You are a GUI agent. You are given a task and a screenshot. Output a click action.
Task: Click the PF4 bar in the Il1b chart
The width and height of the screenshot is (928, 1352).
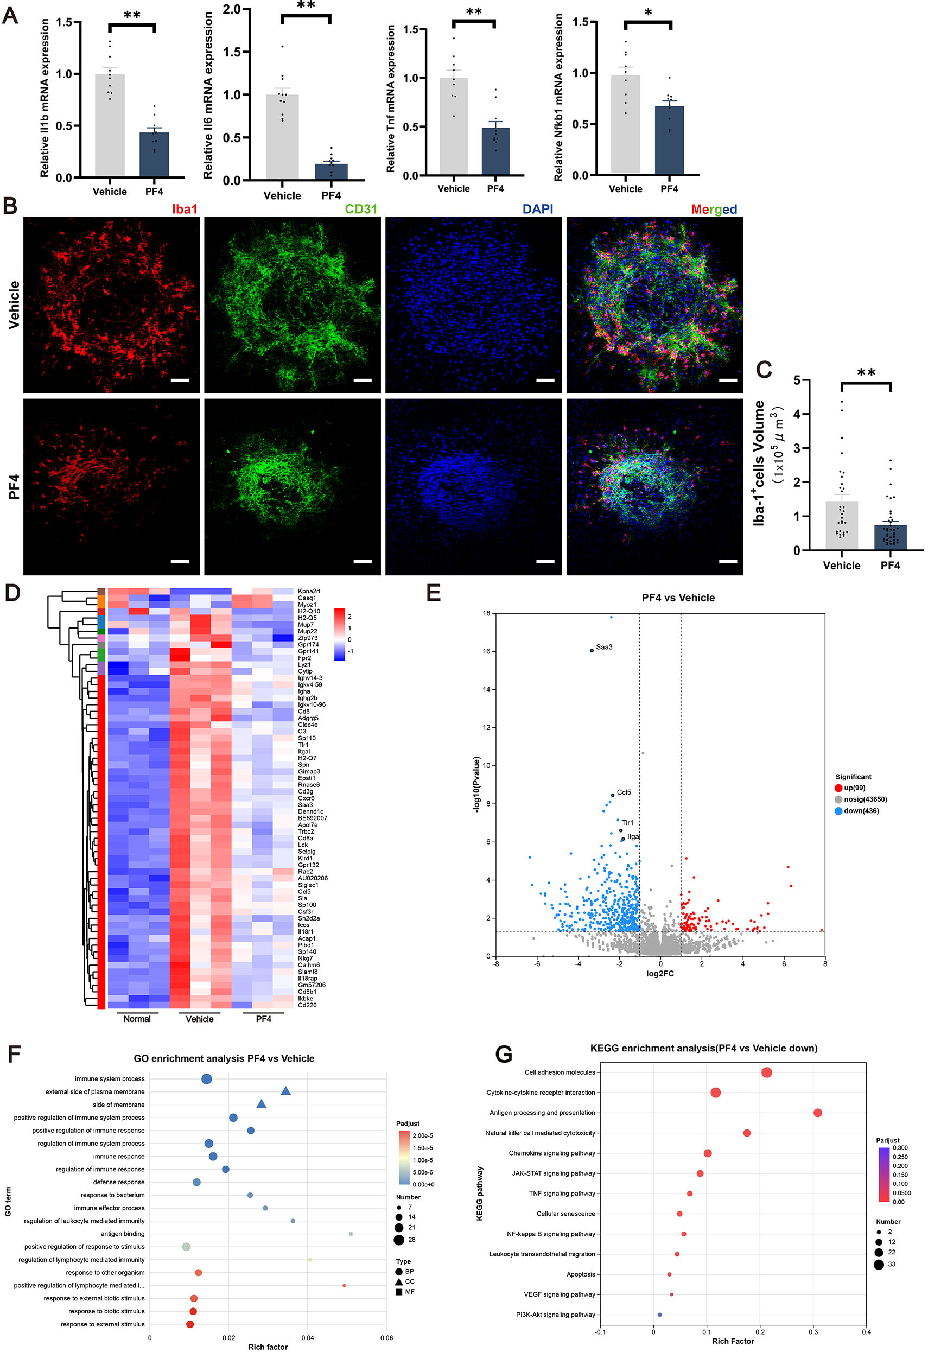pyautogui.click(x=154, y=155)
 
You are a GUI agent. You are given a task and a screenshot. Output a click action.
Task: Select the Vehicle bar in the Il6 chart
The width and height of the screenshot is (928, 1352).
pyautogui.click(x=282, y=137)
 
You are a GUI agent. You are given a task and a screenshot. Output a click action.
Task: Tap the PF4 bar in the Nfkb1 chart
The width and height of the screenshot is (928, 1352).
pyautogui.click(x=669, y=140)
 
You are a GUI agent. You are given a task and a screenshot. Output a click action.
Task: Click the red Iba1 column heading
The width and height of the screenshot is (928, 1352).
pyautogui.click(x=185, y=209)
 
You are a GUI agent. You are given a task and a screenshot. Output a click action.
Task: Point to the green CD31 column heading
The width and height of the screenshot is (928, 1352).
pyautogui.click(x=361, y=209)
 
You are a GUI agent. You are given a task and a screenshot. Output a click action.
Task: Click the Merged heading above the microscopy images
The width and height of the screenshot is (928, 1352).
pyautogui.click(x=713, y=209)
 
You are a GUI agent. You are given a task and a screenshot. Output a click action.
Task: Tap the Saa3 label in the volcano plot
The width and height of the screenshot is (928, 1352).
pyautogui.click(x=604, y=647)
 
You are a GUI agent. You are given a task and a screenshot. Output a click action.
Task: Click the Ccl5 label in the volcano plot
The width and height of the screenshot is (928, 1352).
pyautogui.click(x=624, y=792)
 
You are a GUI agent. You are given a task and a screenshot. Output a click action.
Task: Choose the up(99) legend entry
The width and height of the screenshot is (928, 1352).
pyautogui.click(x=854, y=788)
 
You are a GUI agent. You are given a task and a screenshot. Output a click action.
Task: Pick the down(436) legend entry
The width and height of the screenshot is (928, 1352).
pyautogui.click(x=861, y=811)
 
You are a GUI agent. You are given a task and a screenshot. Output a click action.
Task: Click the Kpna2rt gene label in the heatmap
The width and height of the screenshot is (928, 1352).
pyautogui.click(x=309, y=591)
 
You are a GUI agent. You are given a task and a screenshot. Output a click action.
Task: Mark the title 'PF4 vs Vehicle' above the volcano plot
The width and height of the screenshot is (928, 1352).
pyautogui.click(x=678, y=598)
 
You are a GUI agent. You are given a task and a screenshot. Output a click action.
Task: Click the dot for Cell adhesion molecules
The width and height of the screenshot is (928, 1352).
pyautogui.click(x=766, y=1072)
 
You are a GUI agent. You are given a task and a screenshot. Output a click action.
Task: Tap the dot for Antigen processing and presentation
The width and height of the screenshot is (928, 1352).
pyautogui.click(x=817, y=1112)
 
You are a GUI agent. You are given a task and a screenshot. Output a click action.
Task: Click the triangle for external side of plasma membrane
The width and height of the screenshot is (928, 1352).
pyautogui.click(x=285, y=1091)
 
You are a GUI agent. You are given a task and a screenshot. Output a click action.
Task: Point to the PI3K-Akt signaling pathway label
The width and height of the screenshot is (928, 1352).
pyautogui.click(x=555, y=1314)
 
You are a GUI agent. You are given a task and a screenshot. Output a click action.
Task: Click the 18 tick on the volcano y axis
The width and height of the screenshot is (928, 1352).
pyautogui.click(x=486, y=613)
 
